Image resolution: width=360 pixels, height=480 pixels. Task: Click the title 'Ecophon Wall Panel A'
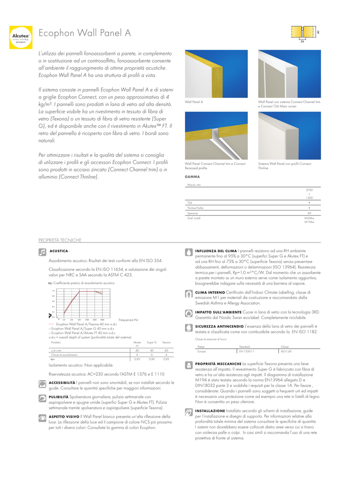click(x=84, y=33)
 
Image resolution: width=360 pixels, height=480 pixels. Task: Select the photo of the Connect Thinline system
click(x=289, y=136)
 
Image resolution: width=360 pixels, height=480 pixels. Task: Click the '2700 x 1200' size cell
click(x=309, y=194)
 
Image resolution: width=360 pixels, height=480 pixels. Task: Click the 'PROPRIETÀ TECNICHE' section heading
click(x=60, y=240)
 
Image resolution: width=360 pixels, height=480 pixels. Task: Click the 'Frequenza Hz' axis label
click(x=128, y=320)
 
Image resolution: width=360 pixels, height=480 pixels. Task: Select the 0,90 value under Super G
click(x=151, y=359)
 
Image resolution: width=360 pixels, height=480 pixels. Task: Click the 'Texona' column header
click(x=166, y=343)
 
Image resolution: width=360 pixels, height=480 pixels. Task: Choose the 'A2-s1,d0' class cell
click(x=286, y=351)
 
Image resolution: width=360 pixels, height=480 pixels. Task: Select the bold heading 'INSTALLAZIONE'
click(x=210, y=411)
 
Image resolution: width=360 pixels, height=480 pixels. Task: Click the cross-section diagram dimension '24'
click(x=302, y=42)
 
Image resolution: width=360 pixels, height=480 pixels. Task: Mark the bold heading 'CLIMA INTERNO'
click(x=210, y=292)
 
